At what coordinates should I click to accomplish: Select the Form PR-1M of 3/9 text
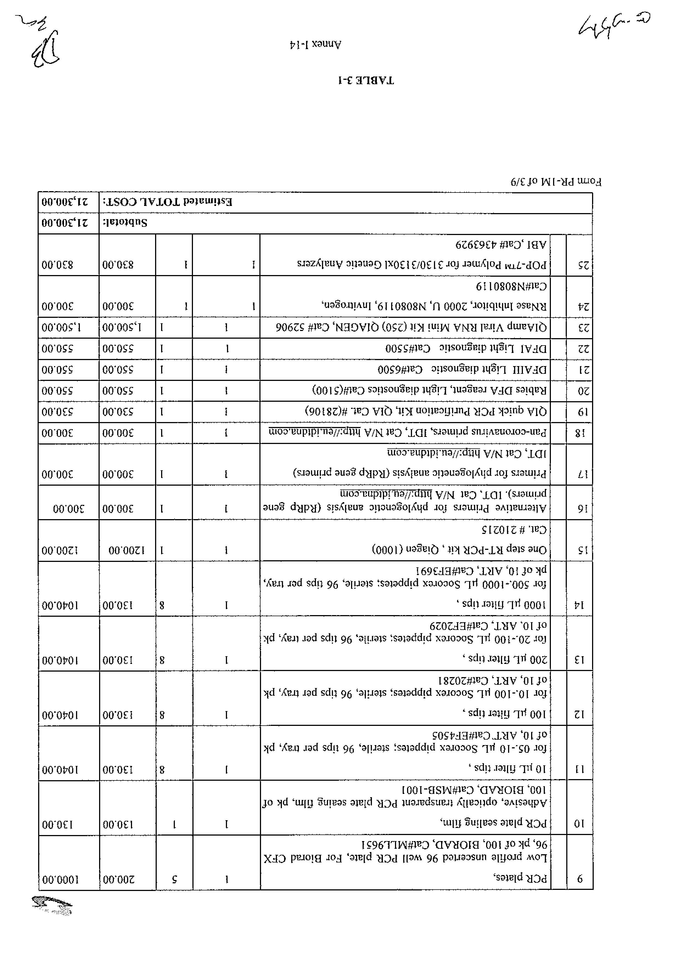(x=556, y=182)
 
